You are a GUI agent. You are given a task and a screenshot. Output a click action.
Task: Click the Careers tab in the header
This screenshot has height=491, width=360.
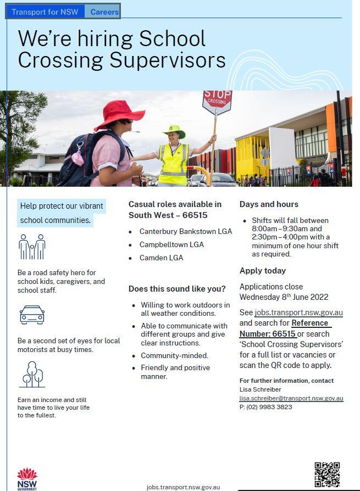tap(104, 12)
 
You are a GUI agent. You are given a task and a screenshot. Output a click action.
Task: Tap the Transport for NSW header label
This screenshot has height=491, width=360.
tap(45, 12)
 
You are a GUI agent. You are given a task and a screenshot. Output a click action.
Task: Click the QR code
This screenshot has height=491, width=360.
tap(327, 475)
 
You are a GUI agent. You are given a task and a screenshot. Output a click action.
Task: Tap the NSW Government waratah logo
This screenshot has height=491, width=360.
tap(27, 478)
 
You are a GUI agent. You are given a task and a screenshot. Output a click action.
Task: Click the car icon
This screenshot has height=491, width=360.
tap(32, 315)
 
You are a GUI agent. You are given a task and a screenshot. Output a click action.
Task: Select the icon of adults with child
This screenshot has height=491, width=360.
tap(32, 247)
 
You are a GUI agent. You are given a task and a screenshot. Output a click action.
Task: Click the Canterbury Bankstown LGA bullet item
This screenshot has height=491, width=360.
tap(185, 231)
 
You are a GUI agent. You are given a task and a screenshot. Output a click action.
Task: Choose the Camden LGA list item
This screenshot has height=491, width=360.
tap(161, 258)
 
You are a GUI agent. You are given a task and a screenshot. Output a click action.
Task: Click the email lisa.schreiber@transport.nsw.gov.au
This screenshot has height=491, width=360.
tap(291, 398)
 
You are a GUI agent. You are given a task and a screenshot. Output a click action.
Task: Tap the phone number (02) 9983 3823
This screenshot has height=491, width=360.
tap(269, 407)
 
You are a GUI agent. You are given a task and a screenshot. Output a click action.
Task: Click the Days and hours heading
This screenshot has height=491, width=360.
tap(269, 204)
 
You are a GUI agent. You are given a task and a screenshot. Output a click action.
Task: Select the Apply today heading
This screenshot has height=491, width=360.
tap(263, 271)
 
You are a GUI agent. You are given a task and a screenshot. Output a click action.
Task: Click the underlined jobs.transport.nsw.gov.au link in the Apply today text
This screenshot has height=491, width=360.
tap(299, 313)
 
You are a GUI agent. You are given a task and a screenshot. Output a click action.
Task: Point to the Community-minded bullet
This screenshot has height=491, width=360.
tap(174, 355)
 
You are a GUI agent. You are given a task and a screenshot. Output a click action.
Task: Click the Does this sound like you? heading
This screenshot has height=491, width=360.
tap(177, 289)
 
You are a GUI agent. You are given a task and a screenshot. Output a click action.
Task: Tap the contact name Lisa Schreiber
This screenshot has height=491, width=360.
tap(260, 389)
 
